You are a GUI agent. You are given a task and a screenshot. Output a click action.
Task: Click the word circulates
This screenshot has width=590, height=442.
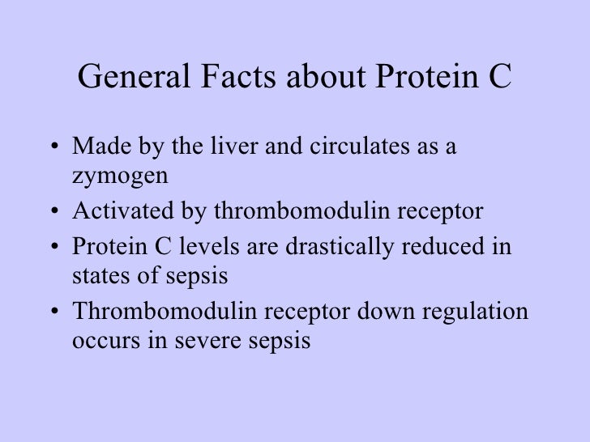[336, 149]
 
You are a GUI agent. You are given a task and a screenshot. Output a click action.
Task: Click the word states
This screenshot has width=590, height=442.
[96, 276]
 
